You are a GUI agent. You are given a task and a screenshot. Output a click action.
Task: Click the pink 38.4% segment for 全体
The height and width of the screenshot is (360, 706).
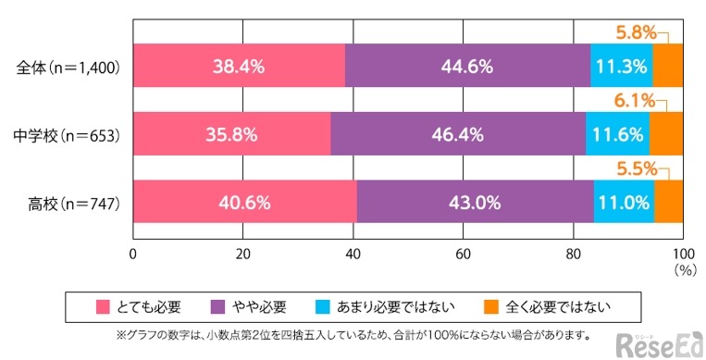point(239,67)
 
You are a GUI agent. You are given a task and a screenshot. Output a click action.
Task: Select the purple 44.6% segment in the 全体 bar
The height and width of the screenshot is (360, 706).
point(467,67)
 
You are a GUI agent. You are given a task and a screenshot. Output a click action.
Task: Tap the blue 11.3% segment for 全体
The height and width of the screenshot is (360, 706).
point(621,67)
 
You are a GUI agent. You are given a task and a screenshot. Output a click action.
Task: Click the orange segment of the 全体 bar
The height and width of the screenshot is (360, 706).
point(667,67)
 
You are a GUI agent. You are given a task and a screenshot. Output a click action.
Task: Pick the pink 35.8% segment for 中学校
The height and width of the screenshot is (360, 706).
point(231,134)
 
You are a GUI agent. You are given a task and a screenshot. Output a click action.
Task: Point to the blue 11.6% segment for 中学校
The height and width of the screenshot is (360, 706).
point(617,134)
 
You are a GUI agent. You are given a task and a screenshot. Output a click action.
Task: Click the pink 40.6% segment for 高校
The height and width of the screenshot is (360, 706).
point(244,202)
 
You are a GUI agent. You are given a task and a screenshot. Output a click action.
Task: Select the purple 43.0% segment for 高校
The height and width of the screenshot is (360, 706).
point(475,202)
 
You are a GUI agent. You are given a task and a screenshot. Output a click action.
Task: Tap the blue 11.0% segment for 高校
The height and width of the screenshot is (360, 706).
point(624,202)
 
